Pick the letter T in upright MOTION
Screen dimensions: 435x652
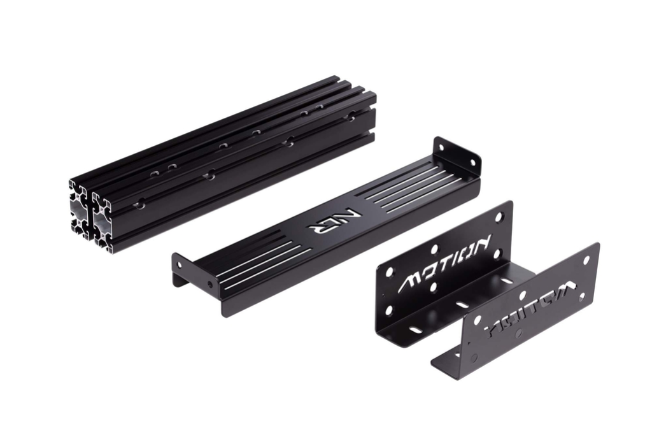443,265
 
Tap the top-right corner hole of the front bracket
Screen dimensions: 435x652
586,259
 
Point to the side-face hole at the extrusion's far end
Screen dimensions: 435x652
350,117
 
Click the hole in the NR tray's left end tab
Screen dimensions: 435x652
179,261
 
